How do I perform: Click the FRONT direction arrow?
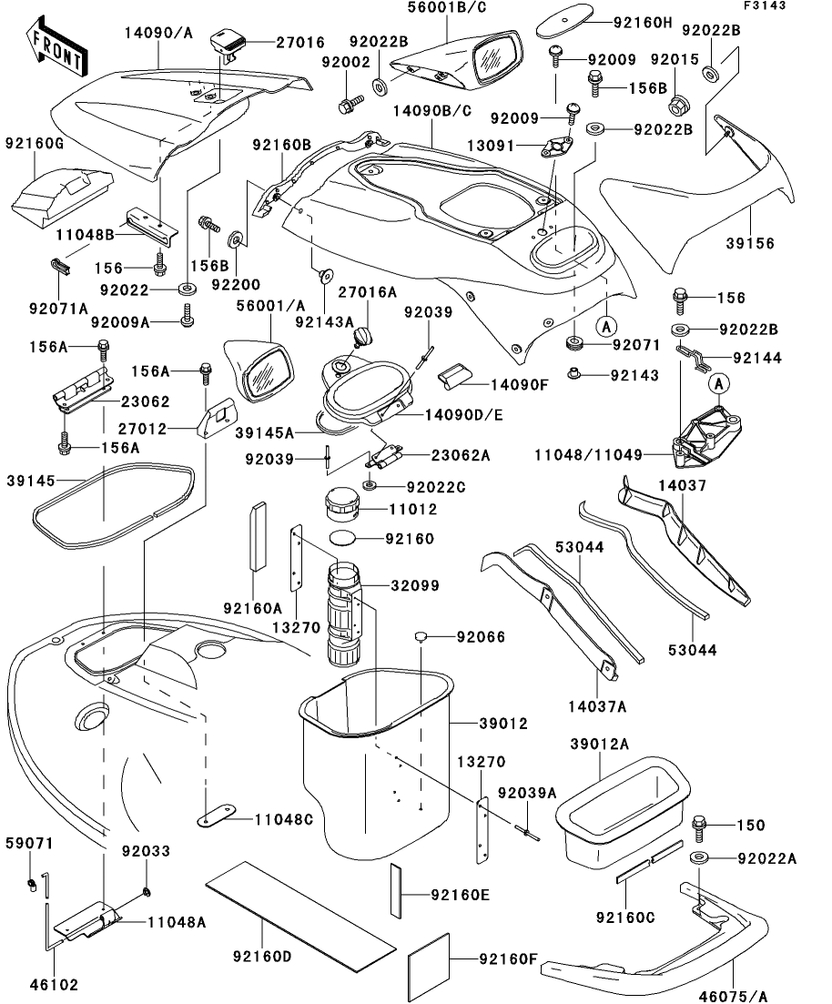pyautogui.click(x=57, y=46)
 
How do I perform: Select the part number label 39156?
pyautogui.click(x=750, y=243)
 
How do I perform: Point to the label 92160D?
pyautogui.click(x=262, y=956)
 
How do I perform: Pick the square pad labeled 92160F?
pyautogui.click(x=429, y=958)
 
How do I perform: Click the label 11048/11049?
pyautogui.click(x=588, y=454)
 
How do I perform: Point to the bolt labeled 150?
pyautogui.click(x=699, y=829)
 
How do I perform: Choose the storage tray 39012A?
pyautogui.click(x=623, y=810)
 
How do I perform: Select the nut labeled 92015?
pyautogui.click(x=677, y=105)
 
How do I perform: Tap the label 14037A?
pyautogui.click(x=597, y=706)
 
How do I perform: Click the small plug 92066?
pyautogui.click(x=421, y=636)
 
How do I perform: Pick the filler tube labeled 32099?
pyautogui.click(x=344, y=614)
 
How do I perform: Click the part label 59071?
pyautogui.click(x=29, y=843)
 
